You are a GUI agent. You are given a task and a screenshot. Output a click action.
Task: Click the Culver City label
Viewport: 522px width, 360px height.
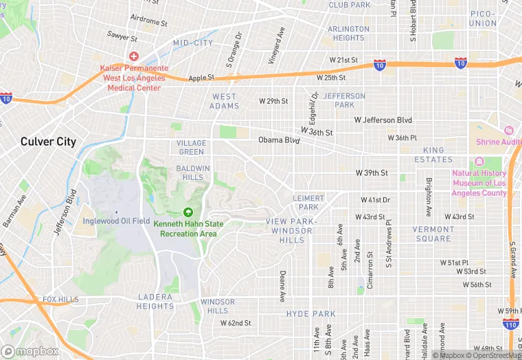(48, 142)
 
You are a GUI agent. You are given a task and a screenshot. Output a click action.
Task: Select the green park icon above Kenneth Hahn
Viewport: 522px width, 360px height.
(188, 212)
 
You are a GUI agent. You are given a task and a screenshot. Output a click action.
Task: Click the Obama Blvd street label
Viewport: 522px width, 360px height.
(279, 140)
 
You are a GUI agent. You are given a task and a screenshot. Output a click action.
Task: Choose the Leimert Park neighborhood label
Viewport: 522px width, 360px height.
(308, 202)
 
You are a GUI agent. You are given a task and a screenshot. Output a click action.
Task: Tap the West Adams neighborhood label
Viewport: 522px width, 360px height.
(225, 101)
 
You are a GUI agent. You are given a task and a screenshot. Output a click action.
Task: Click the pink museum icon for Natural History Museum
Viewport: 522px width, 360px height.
(479, 161)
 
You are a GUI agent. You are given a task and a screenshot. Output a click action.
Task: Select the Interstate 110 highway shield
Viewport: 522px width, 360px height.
(510, 323)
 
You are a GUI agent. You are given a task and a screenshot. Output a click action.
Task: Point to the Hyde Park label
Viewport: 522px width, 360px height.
(311, 314)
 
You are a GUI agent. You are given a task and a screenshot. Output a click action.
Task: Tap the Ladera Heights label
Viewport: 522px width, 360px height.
(155, 301)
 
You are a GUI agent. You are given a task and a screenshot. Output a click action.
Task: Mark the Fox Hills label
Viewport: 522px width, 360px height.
(61, 300)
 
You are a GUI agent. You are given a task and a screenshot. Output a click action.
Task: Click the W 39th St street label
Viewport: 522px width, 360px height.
(372, 173)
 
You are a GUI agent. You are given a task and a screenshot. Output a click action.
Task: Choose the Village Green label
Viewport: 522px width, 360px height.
(192, 147)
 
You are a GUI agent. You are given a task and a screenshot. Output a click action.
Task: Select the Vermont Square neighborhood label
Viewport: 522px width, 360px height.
(432, 234)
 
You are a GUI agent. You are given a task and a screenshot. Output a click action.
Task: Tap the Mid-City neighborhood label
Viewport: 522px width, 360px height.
(193, 43)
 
